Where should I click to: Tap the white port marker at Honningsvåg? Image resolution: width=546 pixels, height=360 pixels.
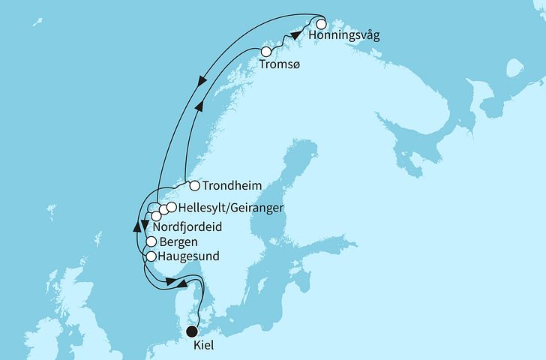(321, 23)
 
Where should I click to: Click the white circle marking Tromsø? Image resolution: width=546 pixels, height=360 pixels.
(265, 52)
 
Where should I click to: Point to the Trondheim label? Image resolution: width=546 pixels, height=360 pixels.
(230, 186)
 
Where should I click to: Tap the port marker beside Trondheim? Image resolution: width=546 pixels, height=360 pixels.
(193, 186)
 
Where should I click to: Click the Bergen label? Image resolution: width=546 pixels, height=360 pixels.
(178, 242)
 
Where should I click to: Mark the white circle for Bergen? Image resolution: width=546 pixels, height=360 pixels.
(151, 242)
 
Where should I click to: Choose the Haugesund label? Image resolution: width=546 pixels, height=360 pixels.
(188, 256)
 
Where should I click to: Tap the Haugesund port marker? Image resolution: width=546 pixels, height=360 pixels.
(151, 256)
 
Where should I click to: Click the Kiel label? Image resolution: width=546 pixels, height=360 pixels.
(203, 344)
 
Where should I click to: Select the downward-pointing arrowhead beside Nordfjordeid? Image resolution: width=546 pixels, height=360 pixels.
(145, 222)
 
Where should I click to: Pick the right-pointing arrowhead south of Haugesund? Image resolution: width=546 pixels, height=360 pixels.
(172, 282)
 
